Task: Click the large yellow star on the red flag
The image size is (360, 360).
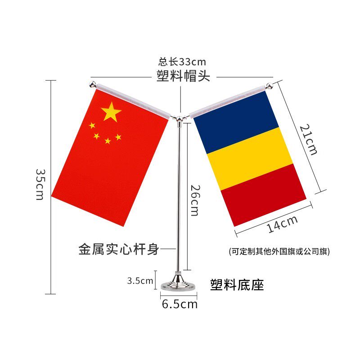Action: pyautogui.click(x=111, y=112)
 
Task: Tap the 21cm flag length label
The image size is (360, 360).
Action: pyautogui.click(x=309, y=139)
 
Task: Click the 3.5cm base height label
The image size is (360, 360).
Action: pyautogui.click(x=140, y=281)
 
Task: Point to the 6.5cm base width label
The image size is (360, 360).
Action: pyautogui.click(x=180, y=304)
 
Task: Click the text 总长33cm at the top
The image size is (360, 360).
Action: pyautogui.click(x=182, y=62)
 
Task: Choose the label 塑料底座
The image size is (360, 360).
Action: pyautogui.click(x=237, y=284)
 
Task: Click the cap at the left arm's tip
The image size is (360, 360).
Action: pyautogui.click(x=93, y=85)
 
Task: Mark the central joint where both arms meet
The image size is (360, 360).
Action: pyautogui.click(x=180, y=119)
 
